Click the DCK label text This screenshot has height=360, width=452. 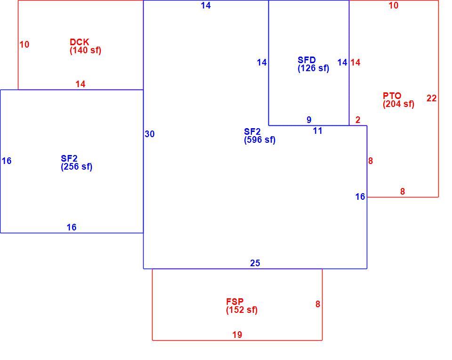click(x=79, y=42)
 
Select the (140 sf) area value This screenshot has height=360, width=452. click(x=85, y=50)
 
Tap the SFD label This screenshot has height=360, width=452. click(x=307, y=60)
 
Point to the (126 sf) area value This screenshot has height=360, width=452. click(x=314, y=68)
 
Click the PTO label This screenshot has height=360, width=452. click(x=392, y=96)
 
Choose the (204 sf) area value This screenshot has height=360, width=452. click(x=399, y=104)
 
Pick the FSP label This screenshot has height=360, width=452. click(x=234, y=302)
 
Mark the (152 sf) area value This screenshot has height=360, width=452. click(x=242, y=310)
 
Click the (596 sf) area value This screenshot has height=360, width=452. click(x=260, y=140)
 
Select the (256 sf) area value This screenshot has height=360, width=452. click(x=76, y=167)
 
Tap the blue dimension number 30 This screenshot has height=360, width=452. click(x=150, y=134)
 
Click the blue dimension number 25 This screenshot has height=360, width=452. click(x=255, y=263)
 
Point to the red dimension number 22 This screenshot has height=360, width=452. click(x=432, y=98)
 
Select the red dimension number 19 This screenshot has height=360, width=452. click(x=237, y=335)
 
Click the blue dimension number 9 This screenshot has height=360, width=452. click(x=309, y=120)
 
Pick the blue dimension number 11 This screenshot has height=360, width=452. click(x=318, y=131)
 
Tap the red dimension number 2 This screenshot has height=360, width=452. click(x=358, y=120)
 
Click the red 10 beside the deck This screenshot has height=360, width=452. click(x=24, y=44)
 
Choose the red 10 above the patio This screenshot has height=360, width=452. click(x=394, y=5)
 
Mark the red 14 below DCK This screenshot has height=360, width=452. click(x=81, y=84)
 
